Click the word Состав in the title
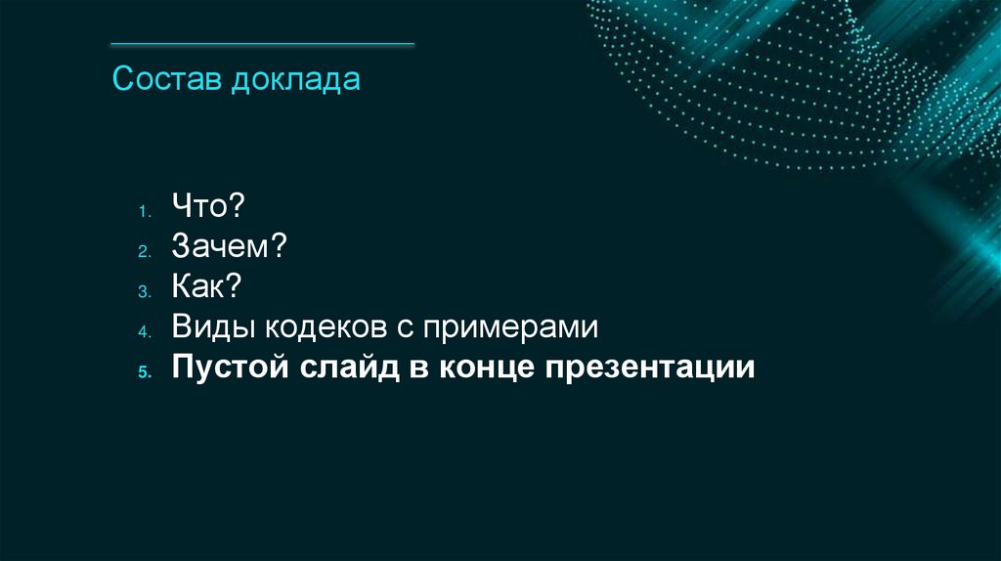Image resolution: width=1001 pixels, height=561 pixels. [x=167, y=79]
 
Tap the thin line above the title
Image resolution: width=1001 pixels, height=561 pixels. [x=262, y=44]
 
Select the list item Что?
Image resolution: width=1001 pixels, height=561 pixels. [x=207, y=207]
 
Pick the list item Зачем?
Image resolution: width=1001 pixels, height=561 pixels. [x=229, y=247]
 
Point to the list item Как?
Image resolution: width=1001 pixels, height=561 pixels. [x=206, y=288]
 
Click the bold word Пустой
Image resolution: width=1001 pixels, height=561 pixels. [x=230, y=369]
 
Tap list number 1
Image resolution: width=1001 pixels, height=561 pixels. [x=142, y=211]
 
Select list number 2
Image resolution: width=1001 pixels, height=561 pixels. [x=142, y=251]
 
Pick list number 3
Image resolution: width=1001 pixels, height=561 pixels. [x=142, y=292]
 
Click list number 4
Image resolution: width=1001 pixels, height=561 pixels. [x=142, y=332]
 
